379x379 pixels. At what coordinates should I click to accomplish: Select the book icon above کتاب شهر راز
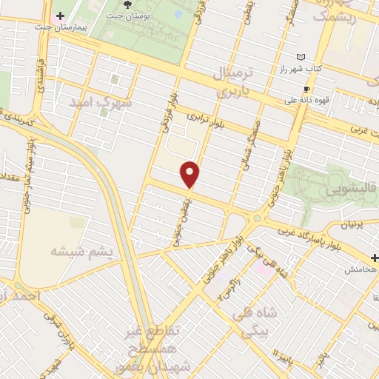300,57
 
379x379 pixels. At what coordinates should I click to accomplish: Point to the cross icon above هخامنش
375,258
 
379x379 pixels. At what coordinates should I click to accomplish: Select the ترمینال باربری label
235,84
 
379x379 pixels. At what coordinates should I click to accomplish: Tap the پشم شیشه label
81,252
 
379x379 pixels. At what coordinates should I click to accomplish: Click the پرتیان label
355,223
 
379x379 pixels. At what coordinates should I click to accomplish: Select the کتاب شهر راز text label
301,68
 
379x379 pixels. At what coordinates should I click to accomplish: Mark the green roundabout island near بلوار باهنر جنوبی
258,218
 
